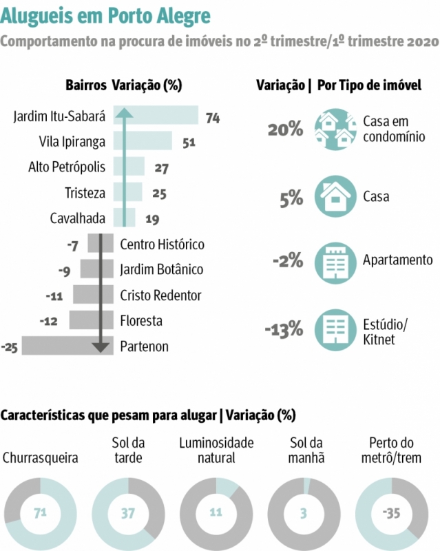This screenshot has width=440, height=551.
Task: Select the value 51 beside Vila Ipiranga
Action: click(x=189, y=143)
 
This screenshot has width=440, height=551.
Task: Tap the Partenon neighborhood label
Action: click(x=144, y=346)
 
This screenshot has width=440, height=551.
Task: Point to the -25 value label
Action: click(x=10, y=347)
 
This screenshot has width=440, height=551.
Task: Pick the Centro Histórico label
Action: click(x=162, y=244)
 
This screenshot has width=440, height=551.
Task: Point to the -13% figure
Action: click(x=284, y=329)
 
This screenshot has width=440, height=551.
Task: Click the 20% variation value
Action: click(x=285, y=129)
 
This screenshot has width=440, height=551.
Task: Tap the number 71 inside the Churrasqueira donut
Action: click(x=41, y=513)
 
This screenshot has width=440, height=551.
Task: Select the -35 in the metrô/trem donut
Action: click(x=391, y=513)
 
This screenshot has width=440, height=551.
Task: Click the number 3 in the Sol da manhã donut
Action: click(x=304, y=513)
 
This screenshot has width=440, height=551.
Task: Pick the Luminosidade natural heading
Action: click(x=216, y=449)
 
